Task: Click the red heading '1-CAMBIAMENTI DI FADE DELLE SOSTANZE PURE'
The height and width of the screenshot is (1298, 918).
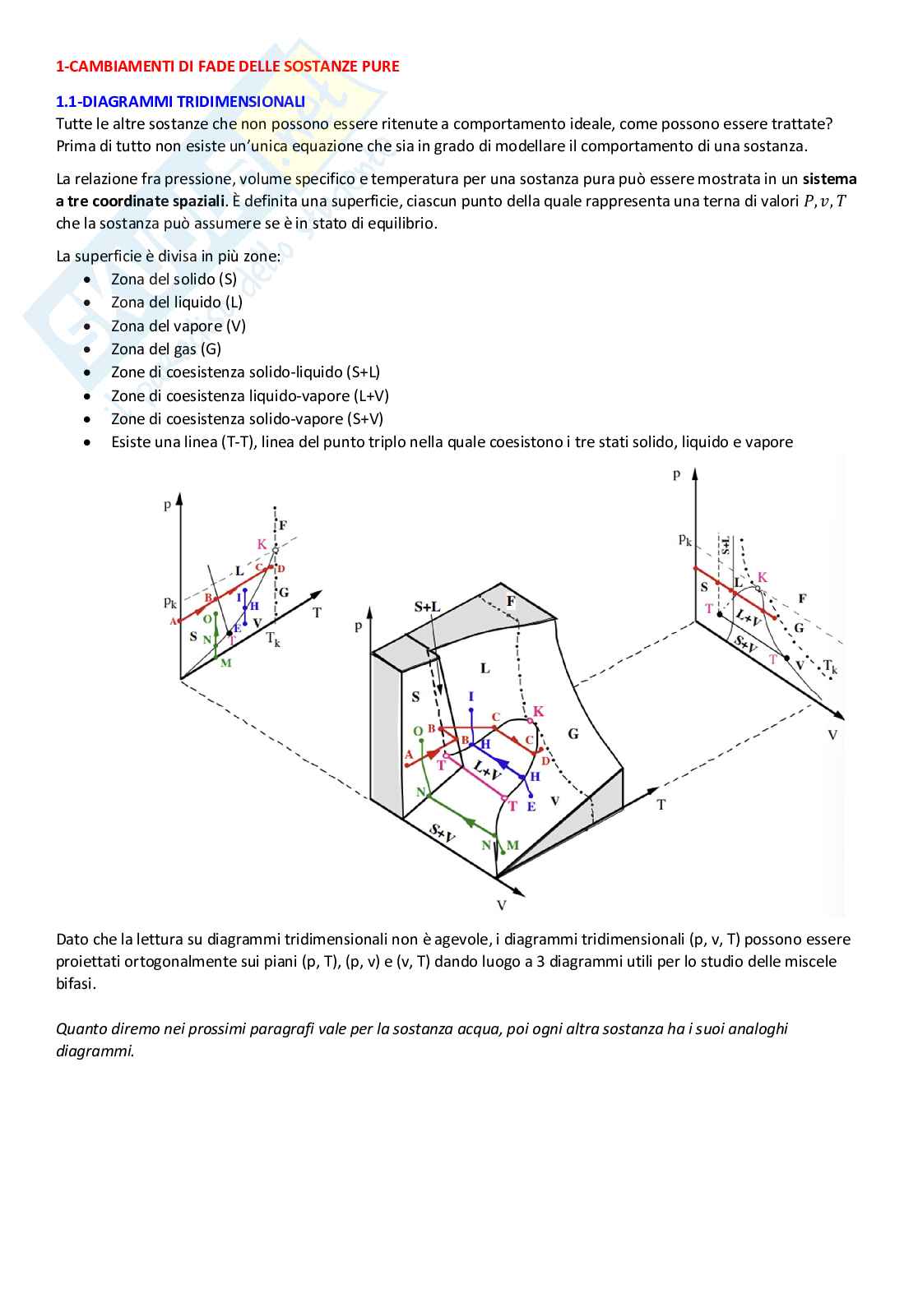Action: pos(227,67)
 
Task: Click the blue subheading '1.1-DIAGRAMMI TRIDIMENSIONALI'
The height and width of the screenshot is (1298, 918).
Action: pos(180,102)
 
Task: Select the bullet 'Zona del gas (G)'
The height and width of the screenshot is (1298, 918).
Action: pos(165,349)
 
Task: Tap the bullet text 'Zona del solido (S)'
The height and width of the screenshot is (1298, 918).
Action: pos(174,279)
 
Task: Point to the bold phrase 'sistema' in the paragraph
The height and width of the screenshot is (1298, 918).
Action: pos(829,179)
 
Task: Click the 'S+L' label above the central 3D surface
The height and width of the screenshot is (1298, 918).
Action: pos(427,607)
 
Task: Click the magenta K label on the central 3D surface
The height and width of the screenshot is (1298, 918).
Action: pos(539,711)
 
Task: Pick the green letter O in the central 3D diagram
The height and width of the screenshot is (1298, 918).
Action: pos(418,731)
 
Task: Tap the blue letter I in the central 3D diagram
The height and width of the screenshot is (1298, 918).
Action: pos(471,697)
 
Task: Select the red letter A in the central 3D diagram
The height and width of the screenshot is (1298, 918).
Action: pos(409,755)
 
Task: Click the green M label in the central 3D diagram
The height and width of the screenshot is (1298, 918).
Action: pos(512,845)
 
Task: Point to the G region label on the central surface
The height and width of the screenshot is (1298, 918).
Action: pos(573,733)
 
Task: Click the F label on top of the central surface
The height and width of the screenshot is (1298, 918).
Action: pos(511,602)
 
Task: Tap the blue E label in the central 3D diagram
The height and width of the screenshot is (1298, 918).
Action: pos(531,806)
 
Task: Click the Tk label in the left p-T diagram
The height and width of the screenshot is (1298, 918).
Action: pos(273,639)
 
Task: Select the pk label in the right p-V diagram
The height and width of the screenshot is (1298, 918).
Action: pos(685,539)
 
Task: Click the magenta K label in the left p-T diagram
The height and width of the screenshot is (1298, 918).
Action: pos(262,544)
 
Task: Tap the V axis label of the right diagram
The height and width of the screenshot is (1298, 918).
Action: pos(832,735)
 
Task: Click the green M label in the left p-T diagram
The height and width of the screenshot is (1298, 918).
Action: pos(226,663)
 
